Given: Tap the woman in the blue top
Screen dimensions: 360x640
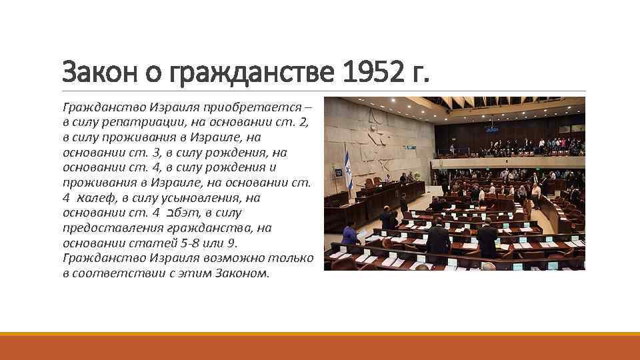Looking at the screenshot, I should [349, 235].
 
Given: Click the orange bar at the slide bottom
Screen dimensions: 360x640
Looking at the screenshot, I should [320, 347].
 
